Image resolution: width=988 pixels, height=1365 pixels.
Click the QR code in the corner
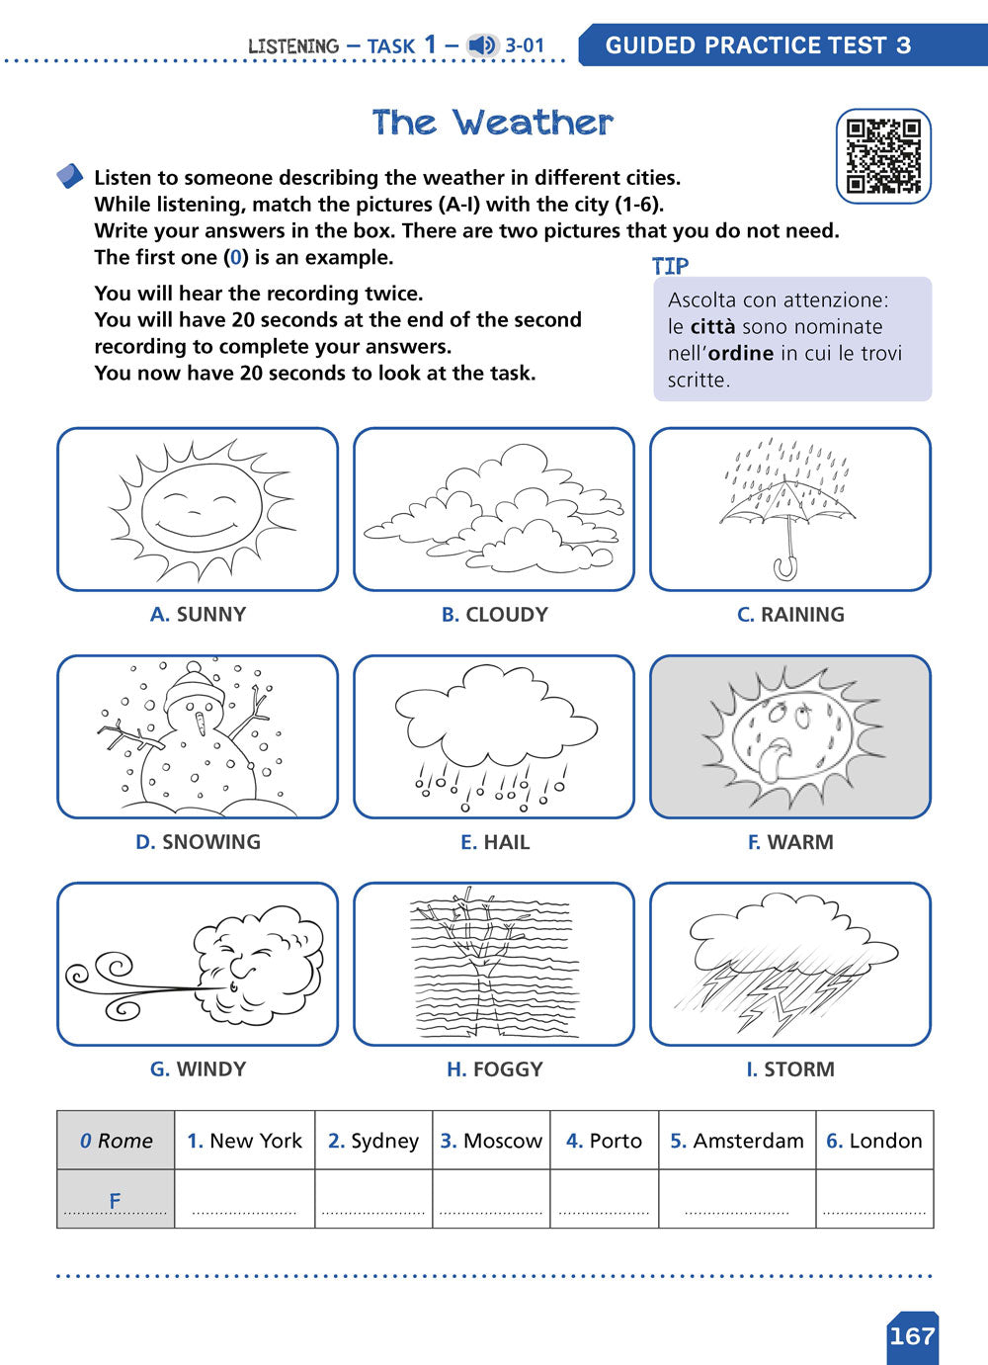[x=883, y=156]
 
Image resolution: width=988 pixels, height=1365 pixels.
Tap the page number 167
[x=912, y=1336]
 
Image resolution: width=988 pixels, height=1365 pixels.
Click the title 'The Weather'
[x=493, y=123]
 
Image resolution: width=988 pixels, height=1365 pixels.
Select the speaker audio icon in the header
[x=482, y=45]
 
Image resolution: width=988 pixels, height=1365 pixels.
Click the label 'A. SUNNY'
[x=198, y=614]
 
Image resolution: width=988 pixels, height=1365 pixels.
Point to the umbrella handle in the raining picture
[x=786, y=566]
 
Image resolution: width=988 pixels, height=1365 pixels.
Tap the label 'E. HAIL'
[x=494, y=842]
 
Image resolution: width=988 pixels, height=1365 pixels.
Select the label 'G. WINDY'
[x=198, y=1068]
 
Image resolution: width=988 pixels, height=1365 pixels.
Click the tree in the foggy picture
[x=483, y=964]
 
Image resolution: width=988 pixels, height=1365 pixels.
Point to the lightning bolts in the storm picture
[x=781, y=998]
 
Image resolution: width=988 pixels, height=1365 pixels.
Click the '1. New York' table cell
[x=245, y=1140]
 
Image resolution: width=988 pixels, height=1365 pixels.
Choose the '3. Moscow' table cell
[x=491, y=1140]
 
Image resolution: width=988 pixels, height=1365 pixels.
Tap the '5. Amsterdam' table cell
[x=737, y=1140]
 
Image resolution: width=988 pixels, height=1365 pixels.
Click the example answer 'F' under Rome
[x=115, y=1200]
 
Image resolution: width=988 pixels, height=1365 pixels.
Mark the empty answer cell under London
[x=874, y=1199]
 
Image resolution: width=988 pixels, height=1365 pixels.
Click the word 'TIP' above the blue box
[x=670, y=266]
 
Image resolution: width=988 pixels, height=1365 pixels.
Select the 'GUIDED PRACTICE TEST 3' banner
[x=758, y=45]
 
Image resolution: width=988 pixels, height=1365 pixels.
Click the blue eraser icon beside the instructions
[x=70, y=176]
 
